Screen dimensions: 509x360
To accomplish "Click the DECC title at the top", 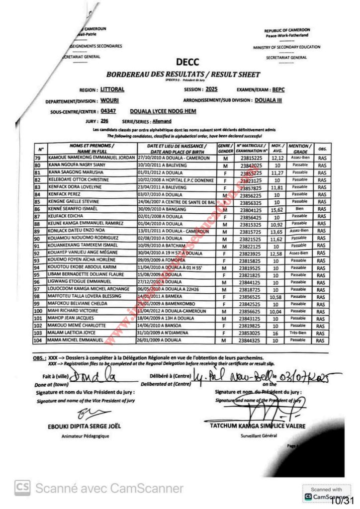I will pyautogui.click(x=187, y=62).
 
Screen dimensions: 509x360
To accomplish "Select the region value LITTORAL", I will pyautogui.click(x=112, y=89).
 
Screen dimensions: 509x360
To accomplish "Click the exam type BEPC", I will pyautogui.click(x=278, y=90).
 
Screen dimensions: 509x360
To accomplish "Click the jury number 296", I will pyautogui.click(x=104, y=121).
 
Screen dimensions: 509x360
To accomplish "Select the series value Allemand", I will pyautogui.click(x=161, y=121).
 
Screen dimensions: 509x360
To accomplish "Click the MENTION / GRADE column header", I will pyautogui.click(x=300, y=149).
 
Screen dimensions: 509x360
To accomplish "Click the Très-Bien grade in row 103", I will pyautogui.click(x=300, y=333).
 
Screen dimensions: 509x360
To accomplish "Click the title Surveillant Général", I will pyautogui.click(x=258, y=436).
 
